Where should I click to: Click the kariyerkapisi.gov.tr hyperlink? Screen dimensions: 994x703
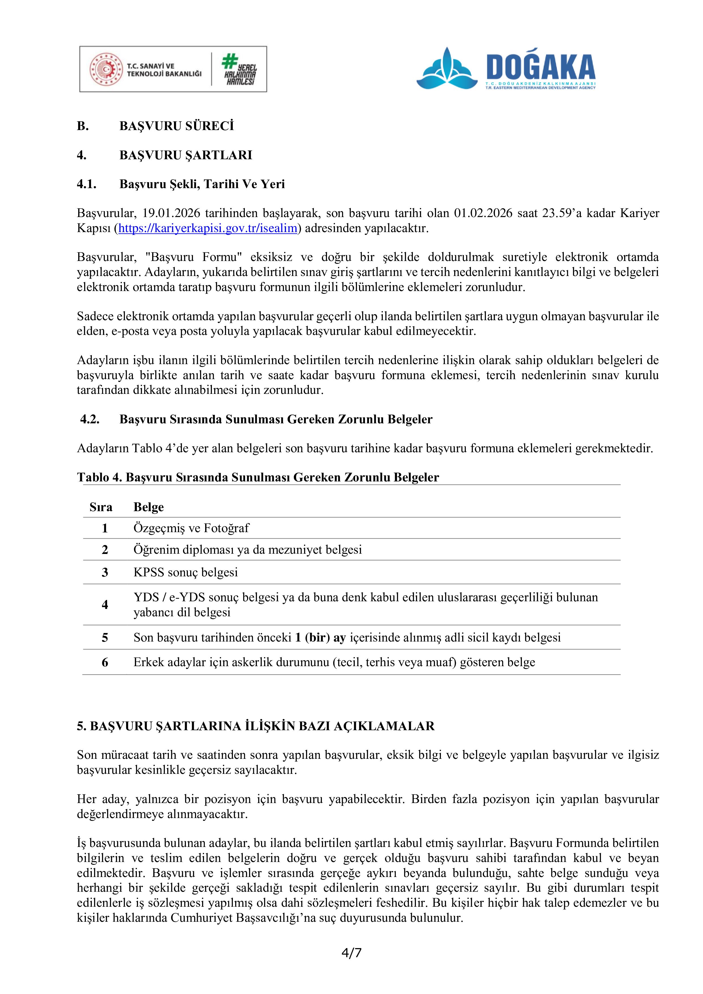click(x=208, y=229)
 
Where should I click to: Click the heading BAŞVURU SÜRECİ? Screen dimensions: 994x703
click(x=176, y=126)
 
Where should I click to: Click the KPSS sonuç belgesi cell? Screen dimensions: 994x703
click(x=185, y=572)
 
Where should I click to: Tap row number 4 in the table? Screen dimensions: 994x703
click(x=105, y=605)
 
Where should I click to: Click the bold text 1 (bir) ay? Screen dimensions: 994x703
click(x=320, y=638)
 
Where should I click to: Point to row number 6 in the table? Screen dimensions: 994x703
click(x=105, y=662)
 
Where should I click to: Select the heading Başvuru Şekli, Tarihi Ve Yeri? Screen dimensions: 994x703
click(x=202, y=184)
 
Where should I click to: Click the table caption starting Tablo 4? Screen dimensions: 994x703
click(x=258, y=477)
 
